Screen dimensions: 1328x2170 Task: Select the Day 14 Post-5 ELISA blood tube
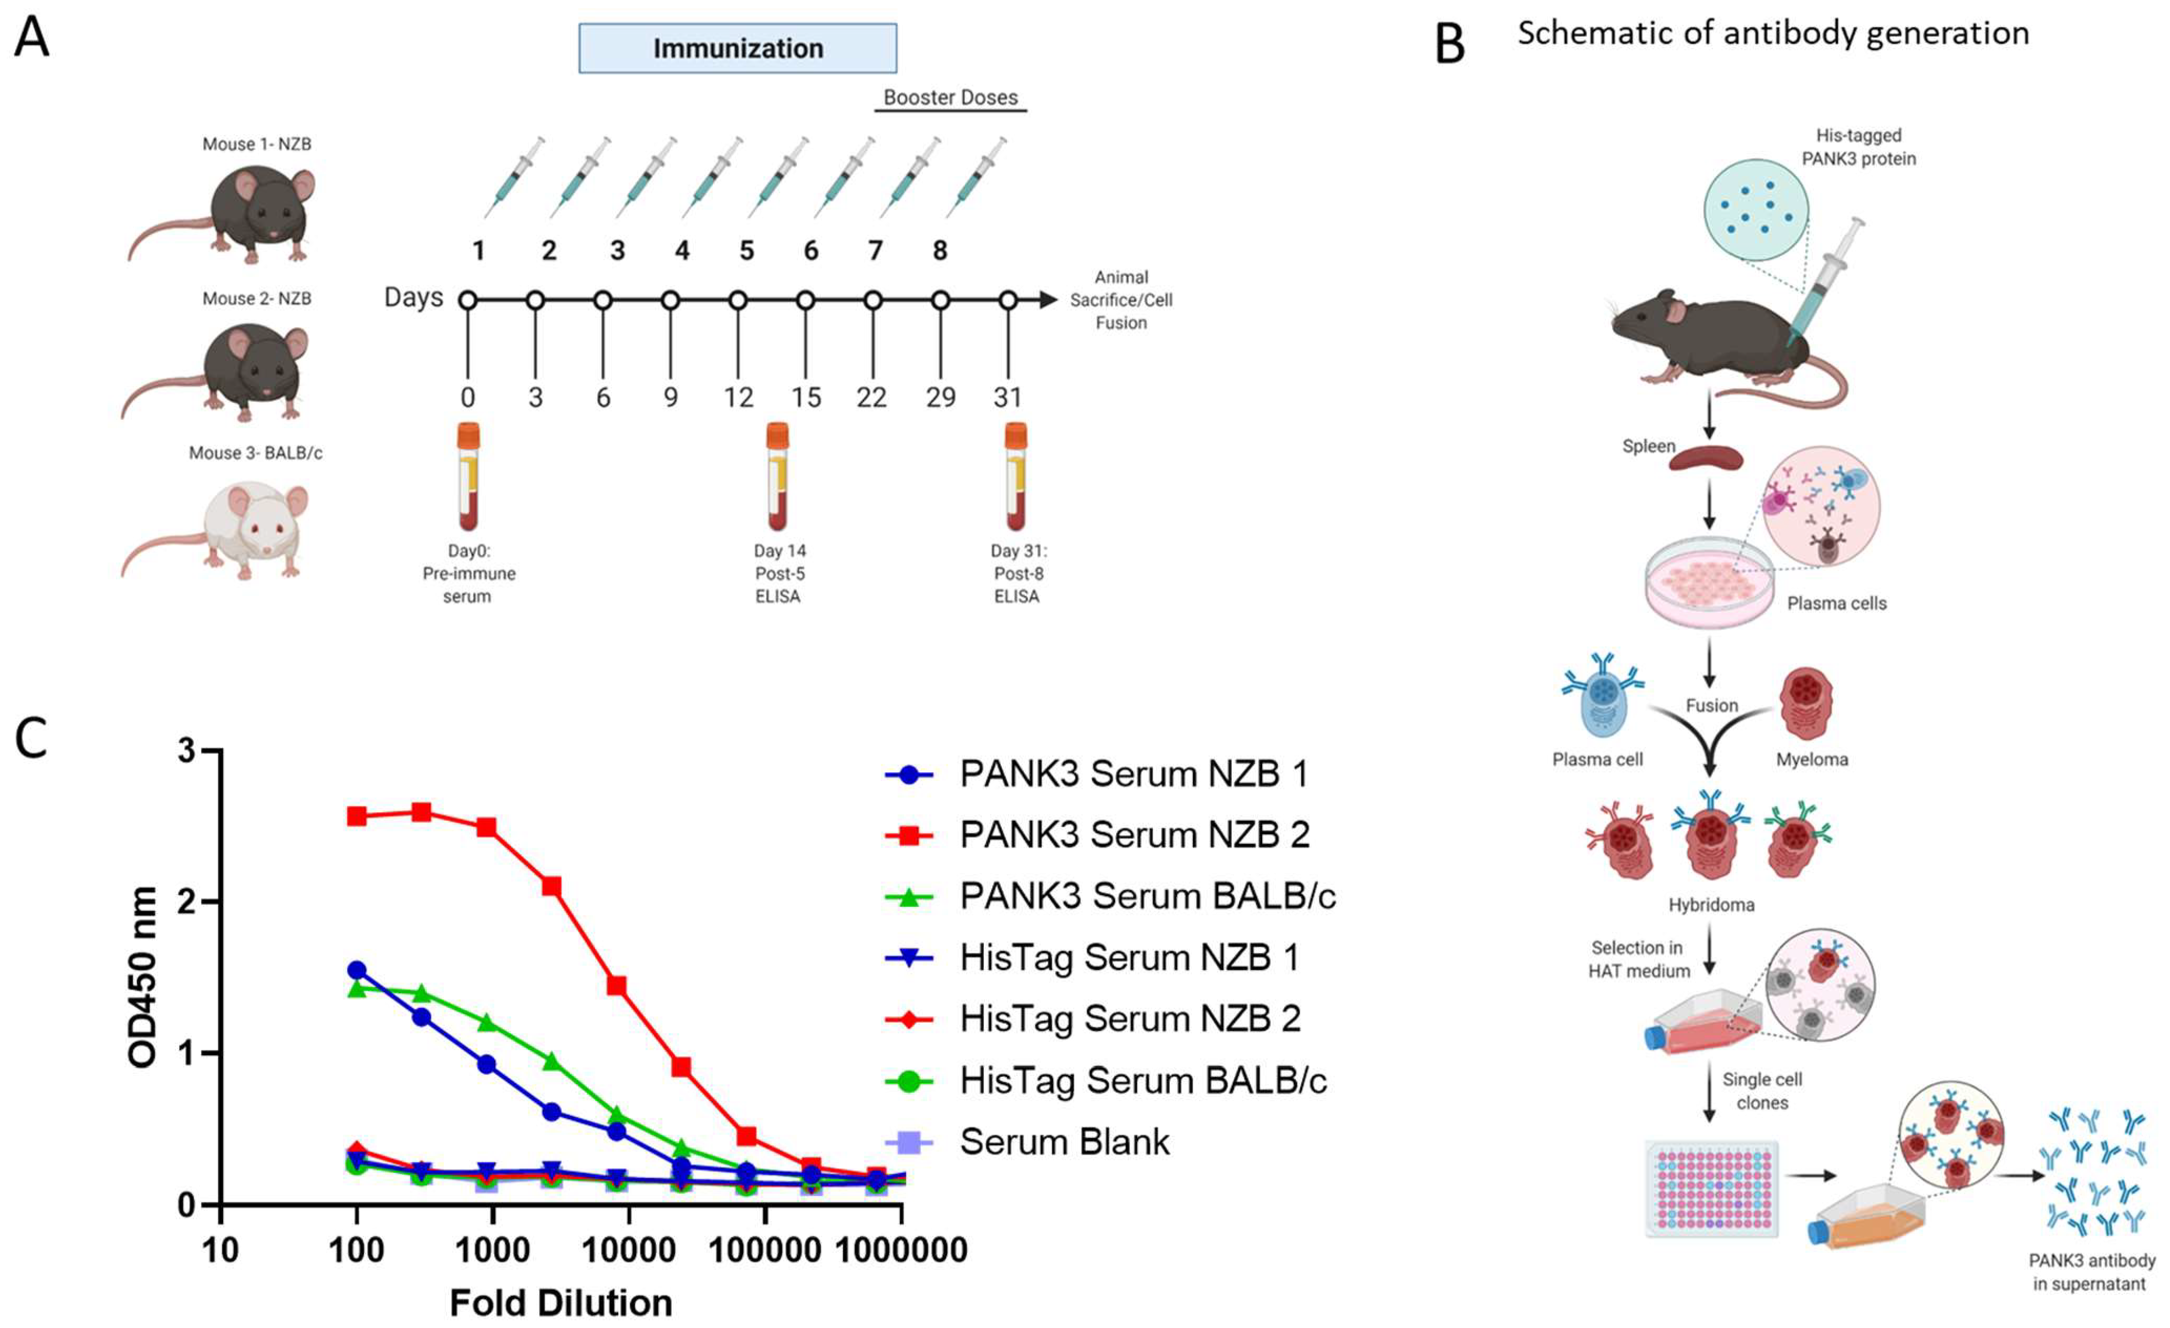click(777, 475)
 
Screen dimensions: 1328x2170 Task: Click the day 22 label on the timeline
click(872, 397)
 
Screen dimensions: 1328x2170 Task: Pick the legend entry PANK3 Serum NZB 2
click(1134, 835)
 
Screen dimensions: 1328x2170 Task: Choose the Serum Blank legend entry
click(1064, 1142)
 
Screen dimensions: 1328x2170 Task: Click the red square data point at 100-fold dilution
click(357, 816)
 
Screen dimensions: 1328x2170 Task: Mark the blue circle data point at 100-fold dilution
click(357, 970)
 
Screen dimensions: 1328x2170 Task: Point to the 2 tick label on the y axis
click(186, 902)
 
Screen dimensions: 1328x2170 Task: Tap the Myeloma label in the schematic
click(1812, 759)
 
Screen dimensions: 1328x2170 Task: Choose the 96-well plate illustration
click(1711, 1189)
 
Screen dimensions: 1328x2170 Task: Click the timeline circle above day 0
click(468, 300)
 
